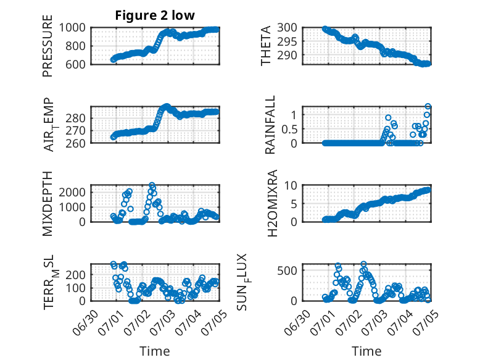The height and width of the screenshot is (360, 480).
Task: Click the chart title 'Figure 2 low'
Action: pos(155,15)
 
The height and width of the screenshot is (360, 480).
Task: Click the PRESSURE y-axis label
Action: pos(48,46)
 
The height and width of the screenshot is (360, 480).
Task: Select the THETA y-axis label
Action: pos(266,46)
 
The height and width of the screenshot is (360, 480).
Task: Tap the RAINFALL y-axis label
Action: pos(270,125)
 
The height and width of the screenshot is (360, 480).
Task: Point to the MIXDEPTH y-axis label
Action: pos(48,204)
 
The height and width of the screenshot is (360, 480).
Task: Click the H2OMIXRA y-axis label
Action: pos(272,203)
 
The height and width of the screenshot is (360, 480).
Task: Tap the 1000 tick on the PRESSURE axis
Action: pos(72,28)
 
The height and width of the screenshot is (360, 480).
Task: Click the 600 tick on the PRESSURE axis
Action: pos(75,64)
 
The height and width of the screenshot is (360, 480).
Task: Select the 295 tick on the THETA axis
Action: pos(288,41)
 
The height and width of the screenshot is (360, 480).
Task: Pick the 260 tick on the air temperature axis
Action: pos(75,143)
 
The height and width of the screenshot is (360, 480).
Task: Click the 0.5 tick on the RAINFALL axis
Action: pos(289,129)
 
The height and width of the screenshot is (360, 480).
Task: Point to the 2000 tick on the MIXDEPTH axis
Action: pos(72,192)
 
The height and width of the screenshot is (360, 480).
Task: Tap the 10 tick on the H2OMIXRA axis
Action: pos(291,185)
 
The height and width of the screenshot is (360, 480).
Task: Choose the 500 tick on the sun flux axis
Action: pos(288,270)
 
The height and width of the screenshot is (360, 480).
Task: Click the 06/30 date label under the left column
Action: pos(85,322)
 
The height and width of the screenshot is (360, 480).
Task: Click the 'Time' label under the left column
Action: pos(155,351)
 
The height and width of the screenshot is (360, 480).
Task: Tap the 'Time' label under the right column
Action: pos(366,351)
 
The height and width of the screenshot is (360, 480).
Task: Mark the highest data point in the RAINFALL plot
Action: pos(428,106)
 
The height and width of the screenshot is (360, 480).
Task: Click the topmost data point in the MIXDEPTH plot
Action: pos(152,185)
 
